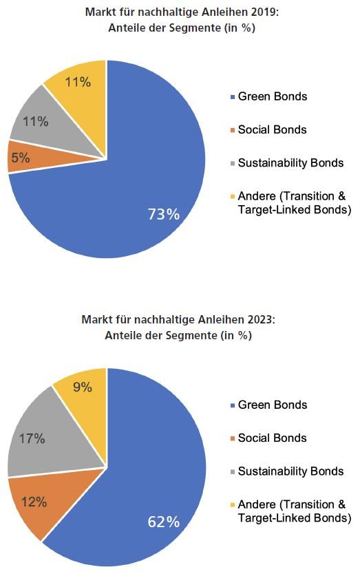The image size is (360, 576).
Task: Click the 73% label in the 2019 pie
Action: [x=164, y=214]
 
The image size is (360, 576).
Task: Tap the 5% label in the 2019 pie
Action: [x=21, y=158]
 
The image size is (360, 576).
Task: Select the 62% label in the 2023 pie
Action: [x=164, y=522]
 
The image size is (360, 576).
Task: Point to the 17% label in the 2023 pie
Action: [x=32, y=438]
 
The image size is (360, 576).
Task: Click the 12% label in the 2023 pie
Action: [x=34, y=502]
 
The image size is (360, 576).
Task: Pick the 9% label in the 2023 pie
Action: [x=83, y=387]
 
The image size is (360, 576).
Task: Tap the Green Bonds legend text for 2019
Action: [x=273, y=96]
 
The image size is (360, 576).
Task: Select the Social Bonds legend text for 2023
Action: [x=272, y=438]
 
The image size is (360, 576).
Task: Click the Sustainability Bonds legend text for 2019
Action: [x=291, y=162]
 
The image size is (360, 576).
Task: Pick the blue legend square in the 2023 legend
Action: [x=232, y=405]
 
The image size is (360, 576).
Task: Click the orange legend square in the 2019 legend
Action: [x=232, y=130]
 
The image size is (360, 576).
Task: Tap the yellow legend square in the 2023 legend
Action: [x=232, y=505]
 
